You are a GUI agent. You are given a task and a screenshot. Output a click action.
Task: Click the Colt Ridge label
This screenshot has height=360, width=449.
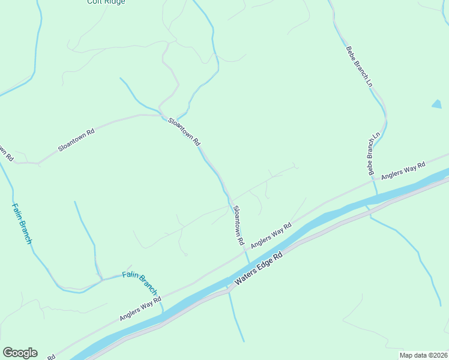pyautogui.click(x=106, y=2)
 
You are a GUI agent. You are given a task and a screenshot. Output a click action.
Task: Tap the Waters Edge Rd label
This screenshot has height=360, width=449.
pyautogui.click(x=259, y=268)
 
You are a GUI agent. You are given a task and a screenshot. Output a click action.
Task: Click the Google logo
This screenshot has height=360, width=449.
pyautogui.click(x=20, y=353)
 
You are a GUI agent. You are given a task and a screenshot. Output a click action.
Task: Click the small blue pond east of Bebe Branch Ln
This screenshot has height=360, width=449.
pyautogui.click(x=436, y=104)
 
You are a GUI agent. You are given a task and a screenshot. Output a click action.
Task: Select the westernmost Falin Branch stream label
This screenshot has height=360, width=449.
pyautogui.click(x=22, y=223)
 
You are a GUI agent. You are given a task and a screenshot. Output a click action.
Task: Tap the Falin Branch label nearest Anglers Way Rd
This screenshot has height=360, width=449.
pyautogui.click(x=139, y=280)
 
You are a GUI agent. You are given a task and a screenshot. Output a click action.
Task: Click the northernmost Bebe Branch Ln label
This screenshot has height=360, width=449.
pyautogui.click(x=360, y=67)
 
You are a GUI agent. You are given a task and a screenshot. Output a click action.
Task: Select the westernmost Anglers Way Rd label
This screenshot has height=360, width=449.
pyautogui.click(x=140, y=308)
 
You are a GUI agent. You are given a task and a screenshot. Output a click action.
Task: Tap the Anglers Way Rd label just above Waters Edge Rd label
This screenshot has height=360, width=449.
pyautogui.click(x=271, y=235)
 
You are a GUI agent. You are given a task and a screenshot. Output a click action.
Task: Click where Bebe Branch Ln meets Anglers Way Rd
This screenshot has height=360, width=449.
pyautogui.click(x=373, y=179)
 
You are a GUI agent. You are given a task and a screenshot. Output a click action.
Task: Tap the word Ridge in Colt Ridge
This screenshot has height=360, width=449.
pyautogui.click(x=115, y=2)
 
